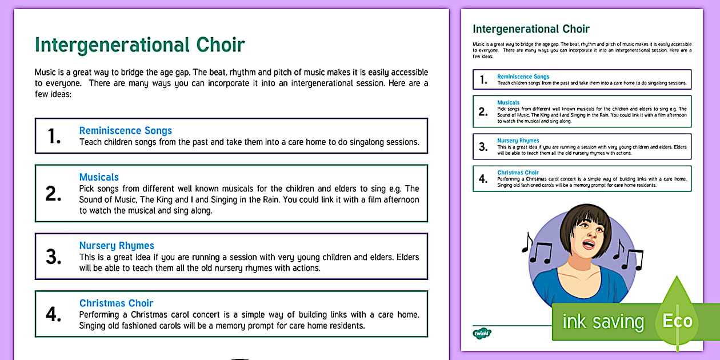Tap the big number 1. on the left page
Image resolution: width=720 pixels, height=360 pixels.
click(54, 136)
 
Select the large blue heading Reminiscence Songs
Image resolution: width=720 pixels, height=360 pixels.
click(125, 130)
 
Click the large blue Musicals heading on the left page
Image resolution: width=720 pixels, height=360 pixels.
click(99, 177)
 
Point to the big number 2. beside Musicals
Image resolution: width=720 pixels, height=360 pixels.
click(54, 194)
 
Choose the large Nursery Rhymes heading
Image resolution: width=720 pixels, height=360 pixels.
click(117, 246)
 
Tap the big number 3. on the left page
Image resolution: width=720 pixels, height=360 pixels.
click(54, 257)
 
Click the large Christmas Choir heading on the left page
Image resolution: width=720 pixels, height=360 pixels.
click(116, 303)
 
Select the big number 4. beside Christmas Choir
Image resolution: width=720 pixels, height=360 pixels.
click(54, 315)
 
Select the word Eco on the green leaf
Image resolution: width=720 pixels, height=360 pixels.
click(677, 321)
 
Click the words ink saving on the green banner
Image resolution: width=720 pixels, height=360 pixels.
click(602, 322)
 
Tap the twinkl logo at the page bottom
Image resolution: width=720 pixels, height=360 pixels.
click(482, 333)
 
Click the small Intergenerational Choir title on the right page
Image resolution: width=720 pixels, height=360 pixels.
click(531, 29)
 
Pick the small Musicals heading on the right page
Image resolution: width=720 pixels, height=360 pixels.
click(508, 103)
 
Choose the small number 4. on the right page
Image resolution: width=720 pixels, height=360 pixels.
click(483, 179)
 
